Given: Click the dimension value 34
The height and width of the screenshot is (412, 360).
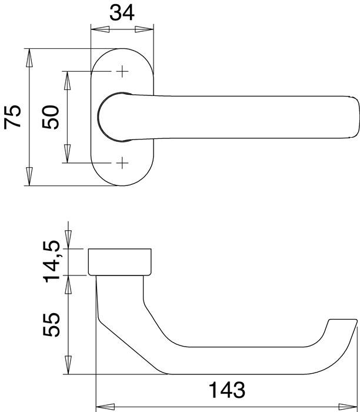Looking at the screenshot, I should pos(122,12).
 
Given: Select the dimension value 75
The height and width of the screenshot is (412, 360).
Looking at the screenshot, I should pos(13,117).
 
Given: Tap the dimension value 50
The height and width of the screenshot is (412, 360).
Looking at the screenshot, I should pos(51,117).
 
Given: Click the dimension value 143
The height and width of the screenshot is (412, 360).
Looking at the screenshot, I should pos(226,390).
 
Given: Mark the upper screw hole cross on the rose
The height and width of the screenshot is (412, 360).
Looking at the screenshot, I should pos(122,72).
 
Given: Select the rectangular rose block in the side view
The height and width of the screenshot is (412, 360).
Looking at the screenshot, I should pos(121,261).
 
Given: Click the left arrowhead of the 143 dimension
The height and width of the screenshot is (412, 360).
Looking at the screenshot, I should pos(104,405).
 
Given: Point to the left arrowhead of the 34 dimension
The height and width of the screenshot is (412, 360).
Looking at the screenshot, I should pos(99,29).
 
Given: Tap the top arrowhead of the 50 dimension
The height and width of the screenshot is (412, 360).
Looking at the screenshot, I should pos(67,80).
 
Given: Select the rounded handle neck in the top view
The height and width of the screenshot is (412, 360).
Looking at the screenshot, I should pos(115,117).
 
